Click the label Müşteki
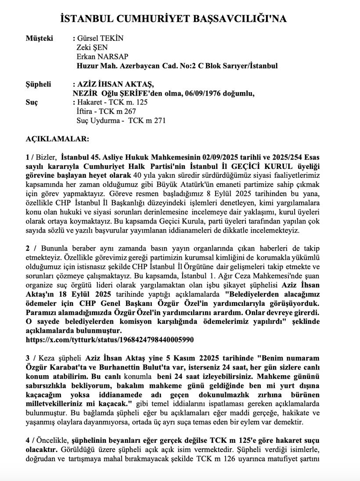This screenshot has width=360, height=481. point(40,38)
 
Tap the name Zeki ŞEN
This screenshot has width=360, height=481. point(92,47)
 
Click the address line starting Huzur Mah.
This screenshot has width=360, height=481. point(177,66)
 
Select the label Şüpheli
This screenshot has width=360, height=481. point(39,84)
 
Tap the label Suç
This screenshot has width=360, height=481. point(32,102)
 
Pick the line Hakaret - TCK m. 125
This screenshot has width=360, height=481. point(112,102)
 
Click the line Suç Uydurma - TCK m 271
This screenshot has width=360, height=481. point(121,121)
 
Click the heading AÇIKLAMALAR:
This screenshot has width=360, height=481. point(58,139)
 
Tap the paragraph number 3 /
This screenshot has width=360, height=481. point(31,358)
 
